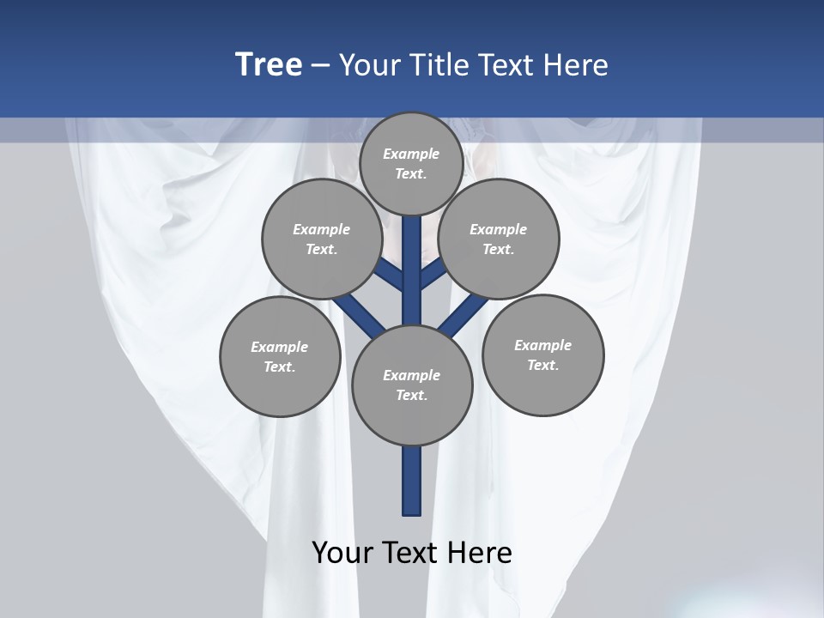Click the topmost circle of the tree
click(412, 163)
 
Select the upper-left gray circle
click(322, 239)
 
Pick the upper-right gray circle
click(499, 239)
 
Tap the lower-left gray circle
click(280, 356)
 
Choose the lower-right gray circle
click(542, 354)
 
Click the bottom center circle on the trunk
click(412, 385)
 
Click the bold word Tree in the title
click(269, 64)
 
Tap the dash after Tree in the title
click(321, 65)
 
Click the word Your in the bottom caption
click(343, 553)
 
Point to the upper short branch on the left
click(390, 276)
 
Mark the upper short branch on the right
click(433, 275)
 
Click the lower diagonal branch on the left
click(359, 315)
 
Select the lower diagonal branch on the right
click(463, 316)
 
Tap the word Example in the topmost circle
click(411, 154)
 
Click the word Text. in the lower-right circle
click(542, 365)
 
